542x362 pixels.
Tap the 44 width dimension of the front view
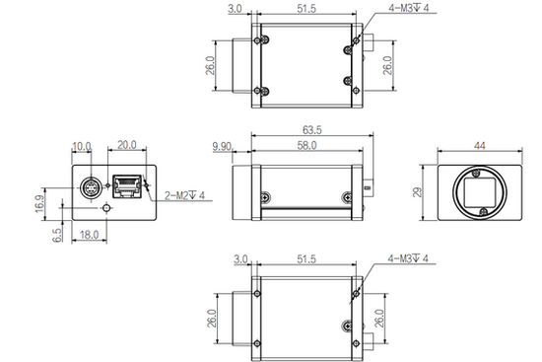[x=480, y=145]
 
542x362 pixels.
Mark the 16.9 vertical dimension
[x=41, y=202]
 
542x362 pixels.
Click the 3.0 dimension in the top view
[x=235, y=11]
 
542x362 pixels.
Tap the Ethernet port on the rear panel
[x=126, y=182]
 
